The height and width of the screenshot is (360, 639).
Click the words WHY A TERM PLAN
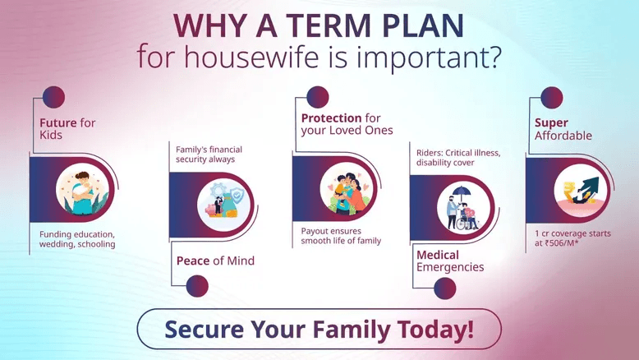point(319,25)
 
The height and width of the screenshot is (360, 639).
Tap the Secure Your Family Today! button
point(319,329)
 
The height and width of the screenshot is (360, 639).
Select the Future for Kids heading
point(67,129)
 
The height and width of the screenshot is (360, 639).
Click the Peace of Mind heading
point(215,261)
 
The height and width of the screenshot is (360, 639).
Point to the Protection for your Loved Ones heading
point(347,124)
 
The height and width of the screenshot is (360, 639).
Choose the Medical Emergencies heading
point(450,261)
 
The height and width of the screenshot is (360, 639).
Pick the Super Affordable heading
point(558,129)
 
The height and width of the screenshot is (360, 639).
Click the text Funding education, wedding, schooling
point(77,238)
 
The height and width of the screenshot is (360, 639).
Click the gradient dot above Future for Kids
point(53,97)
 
